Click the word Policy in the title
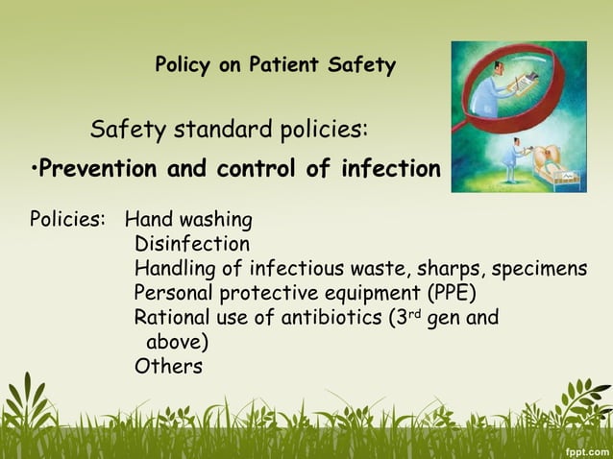tap(185, 66)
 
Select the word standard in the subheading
tap(213, 129)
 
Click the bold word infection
tap(390, 170)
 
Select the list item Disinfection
tap(191, 244)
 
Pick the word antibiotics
tap(332, 317)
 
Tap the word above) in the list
tap(177, 342)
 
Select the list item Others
tap(168, 366)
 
